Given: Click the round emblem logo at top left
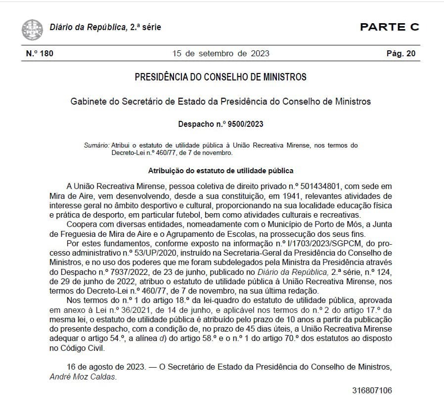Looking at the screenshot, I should pos(32,29).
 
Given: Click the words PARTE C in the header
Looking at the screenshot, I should pos(389,27).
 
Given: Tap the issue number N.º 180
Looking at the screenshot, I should pos(39,53).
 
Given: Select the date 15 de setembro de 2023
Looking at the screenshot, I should pos(221,53).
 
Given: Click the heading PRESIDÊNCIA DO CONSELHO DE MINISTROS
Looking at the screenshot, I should pos(221,77).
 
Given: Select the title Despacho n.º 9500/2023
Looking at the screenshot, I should pos(221,124).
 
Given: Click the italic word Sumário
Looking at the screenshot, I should pos(97,145).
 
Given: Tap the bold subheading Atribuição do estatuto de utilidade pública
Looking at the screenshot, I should pos(221,171).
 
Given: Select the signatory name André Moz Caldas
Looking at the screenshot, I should pos(83,377).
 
